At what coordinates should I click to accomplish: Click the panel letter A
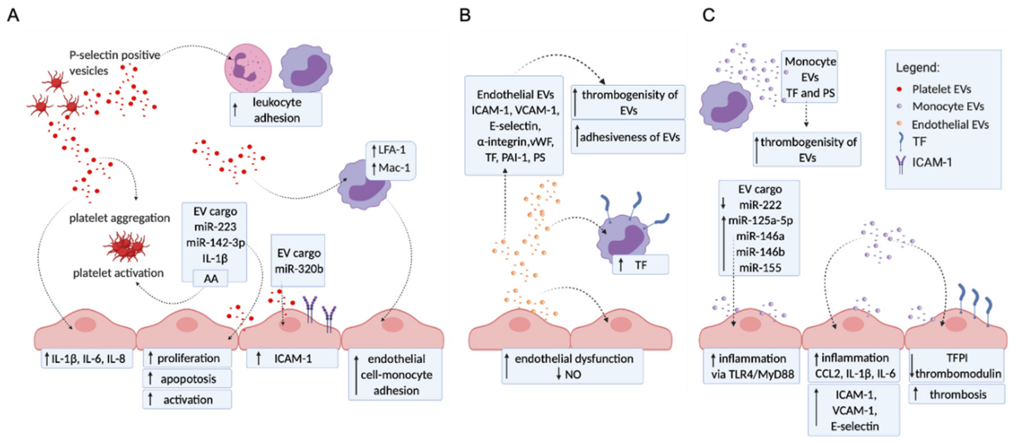click(13, 15)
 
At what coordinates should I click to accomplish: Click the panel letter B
click(465, 15)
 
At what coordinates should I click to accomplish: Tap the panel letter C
click(709, 15)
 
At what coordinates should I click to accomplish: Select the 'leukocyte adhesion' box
click(276, 110)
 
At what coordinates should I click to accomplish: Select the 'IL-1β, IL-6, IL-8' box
click(87, 358)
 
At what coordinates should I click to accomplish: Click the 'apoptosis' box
click(187, 378)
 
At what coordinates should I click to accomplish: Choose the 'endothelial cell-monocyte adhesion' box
click(395, 374)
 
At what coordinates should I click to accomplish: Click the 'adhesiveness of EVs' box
click(628, 137)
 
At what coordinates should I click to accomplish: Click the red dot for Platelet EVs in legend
click(899, 89)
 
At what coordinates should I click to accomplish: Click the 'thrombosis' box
click(956, 394)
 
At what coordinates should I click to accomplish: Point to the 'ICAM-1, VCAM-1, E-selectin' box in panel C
click(854, 410)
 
